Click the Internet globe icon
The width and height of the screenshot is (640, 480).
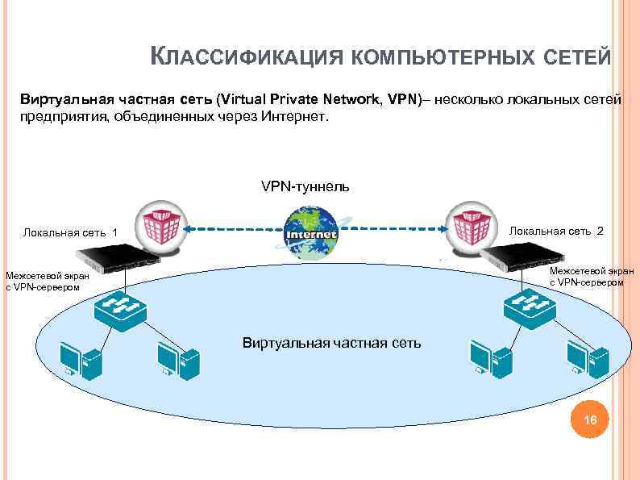pos(311,233)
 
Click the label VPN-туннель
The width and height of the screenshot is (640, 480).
pos(305,186)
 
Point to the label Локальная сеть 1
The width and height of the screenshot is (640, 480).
pos(70,233)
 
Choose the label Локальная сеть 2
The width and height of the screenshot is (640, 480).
pos(556,231)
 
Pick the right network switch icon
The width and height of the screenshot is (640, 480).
pos(525,307)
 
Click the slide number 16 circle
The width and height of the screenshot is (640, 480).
pos(590,420)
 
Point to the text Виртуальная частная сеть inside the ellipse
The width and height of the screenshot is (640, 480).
pos(331,343)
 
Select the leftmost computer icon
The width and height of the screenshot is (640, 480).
pos(80,360)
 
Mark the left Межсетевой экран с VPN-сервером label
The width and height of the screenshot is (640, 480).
pos(48,282)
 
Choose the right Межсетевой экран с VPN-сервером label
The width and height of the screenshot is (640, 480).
pos(592,276)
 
